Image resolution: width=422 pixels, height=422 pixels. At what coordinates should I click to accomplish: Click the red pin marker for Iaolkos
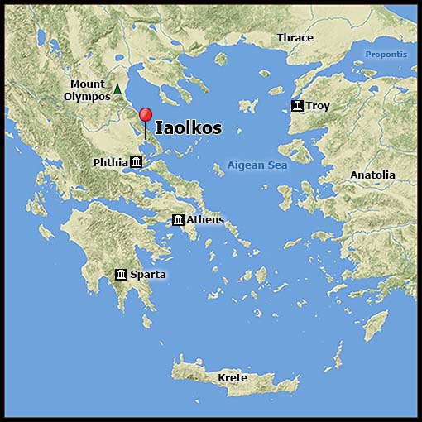146,116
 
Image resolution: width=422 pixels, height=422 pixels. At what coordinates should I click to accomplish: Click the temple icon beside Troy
297,106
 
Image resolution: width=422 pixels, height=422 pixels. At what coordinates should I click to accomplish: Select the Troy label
318,106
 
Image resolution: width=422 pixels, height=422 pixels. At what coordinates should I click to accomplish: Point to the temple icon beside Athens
178,219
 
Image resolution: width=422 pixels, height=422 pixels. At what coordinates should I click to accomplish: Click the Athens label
205,219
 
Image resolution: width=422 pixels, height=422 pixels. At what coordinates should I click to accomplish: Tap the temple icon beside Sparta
122,274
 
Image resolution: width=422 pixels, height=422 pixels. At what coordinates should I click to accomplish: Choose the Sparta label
148,274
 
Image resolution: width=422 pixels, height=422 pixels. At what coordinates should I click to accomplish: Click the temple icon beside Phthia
136,162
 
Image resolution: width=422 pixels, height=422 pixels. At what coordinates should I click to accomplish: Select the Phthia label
111,162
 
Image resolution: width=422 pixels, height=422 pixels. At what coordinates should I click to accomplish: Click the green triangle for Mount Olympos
117,89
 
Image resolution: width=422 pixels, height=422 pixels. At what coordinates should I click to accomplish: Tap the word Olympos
87,96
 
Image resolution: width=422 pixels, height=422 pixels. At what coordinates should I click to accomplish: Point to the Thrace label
295,38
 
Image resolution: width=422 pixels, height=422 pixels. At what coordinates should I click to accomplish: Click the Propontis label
386,55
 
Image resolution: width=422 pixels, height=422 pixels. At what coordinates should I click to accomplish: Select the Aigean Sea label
257,165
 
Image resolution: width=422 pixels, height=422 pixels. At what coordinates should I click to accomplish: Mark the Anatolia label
372,175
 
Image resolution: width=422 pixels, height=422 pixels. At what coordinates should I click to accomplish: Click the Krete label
233,378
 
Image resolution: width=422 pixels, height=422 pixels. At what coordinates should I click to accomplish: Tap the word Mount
88,84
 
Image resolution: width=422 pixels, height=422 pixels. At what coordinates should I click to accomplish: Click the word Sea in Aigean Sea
277,165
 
